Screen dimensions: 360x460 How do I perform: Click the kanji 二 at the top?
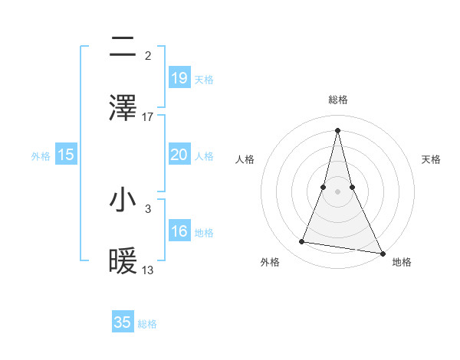click(x=123, y=47)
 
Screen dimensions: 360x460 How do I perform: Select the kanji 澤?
click(x=123, y=108)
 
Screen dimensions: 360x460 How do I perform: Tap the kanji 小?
click(x=123, y=200)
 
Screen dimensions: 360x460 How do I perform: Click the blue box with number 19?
click(x=179, y=78)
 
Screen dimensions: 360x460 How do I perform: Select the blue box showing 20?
click(x=179, y=155)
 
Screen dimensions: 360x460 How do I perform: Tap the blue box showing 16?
click(x=179, y=231)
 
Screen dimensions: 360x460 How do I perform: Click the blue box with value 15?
click(x=66, y=155)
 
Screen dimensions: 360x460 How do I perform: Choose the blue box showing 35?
click(x=123, y=322)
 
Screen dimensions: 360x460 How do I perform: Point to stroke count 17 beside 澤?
click(x=148, y=117)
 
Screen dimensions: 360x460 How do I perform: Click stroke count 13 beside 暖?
click(x=148, y=270)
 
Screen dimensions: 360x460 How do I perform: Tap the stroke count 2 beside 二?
click(x=148, y=56)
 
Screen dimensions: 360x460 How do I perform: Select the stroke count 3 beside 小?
click(x=148, y=208)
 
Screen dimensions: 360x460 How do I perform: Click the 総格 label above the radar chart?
click(x=337, y=100)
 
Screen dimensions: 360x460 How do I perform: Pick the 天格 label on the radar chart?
click(x=431, y=159)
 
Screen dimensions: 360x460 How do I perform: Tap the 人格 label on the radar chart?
click(x=245, y=159)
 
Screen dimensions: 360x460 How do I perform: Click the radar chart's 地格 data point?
click(x=383, y=253)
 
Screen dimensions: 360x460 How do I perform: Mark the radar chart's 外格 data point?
click(x=302, y=242)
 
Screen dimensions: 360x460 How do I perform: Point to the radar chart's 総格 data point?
click(x=337, y=129)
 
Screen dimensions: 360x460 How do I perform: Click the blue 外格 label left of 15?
click(x=41, y=155)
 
